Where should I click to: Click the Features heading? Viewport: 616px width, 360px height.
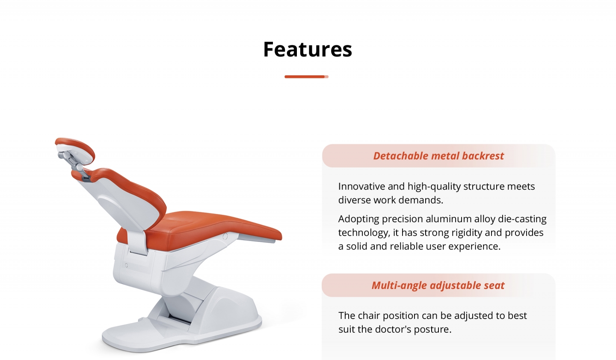[308, 49]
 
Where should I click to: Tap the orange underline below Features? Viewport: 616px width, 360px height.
[306, 77]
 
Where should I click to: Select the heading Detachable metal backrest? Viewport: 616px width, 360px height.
[438, 156]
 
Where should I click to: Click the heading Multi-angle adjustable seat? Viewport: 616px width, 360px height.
[438, 286]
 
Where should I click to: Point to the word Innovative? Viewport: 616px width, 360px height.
[361, 186]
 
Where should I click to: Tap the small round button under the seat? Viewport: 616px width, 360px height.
[225, 236]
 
